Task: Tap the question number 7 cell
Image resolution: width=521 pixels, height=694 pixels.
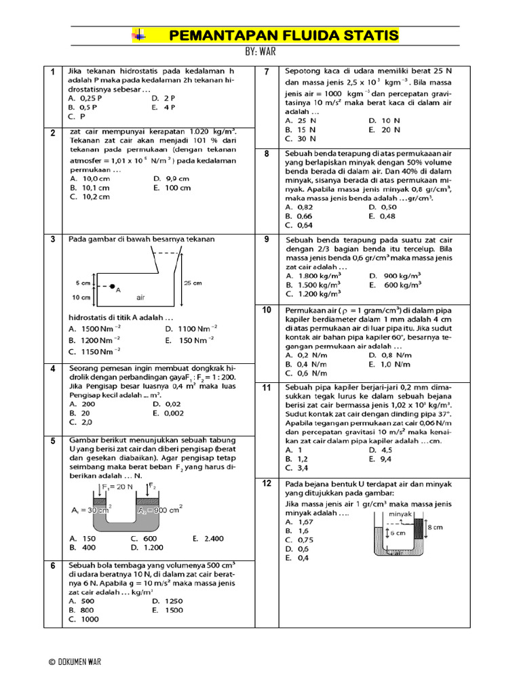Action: [267, 72]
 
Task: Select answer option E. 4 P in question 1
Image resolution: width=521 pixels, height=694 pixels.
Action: [165, 107]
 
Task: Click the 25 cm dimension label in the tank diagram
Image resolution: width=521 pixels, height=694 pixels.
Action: [193, 283]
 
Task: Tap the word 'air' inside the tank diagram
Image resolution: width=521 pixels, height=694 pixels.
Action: [141, 297]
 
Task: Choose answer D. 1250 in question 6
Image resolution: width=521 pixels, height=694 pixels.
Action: [168, 600]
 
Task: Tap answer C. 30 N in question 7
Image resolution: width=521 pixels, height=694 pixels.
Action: [303, 138]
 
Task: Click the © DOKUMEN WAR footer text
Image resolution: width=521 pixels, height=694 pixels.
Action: [75, 662]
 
